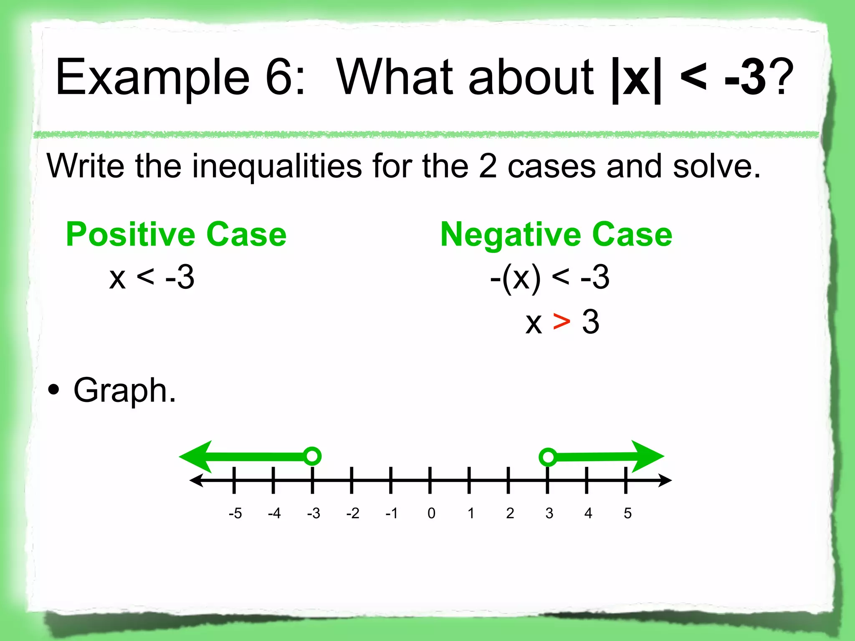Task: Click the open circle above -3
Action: coord(312,456)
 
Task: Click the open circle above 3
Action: coord(548,457)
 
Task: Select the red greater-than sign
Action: coord(562,322)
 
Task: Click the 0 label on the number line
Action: coord(431,513)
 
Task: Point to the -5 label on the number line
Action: coord(235,513)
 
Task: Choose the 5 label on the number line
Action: coord(627,513)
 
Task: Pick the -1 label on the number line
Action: coord(392,513)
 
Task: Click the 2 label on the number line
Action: coord(510,513)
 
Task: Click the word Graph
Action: coord(124,391)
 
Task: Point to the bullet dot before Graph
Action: coord(54,391)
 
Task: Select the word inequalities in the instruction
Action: coord(276,166)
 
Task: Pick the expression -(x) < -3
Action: coord(549,278)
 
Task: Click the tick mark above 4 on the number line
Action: coord(587,480)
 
